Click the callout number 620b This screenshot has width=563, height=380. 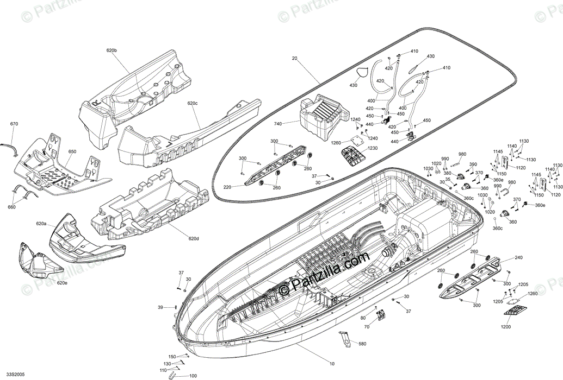coord(112,50)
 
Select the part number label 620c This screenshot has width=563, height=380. coord(193,103)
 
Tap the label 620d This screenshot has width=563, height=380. coord(193,238)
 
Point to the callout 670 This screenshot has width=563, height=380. coord(14,124)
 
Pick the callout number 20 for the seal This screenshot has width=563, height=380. coord(295,58)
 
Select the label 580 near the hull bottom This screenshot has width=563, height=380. coord(362,344)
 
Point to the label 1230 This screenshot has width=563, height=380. coord(372,149)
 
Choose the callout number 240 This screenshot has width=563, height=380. coord(518,257)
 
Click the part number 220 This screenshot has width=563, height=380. coord(226,187)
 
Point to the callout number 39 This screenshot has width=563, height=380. coord(160,308)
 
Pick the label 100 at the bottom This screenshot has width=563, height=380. coord(193,376)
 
